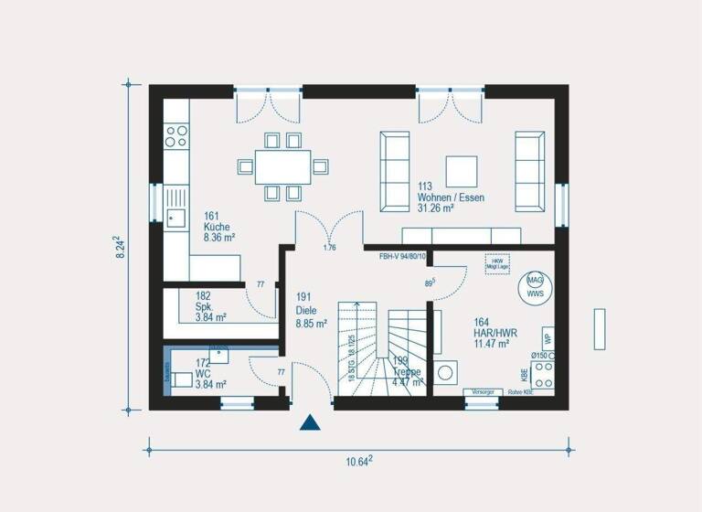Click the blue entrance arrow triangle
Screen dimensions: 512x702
tap(312, 422)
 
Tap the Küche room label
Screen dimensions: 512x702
tap(218, 232)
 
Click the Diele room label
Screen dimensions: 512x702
tap(311, 310)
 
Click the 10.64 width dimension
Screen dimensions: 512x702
tap(357, 462)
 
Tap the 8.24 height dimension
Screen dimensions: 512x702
tap(119, 248)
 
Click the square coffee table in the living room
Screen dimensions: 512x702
tap(461, 171)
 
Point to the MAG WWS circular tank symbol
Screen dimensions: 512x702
tap(534, 286)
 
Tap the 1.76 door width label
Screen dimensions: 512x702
tap(330, 248)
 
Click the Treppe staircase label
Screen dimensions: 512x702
tap(407, 372)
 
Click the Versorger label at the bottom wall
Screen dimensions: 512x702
tap(482, 391)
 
